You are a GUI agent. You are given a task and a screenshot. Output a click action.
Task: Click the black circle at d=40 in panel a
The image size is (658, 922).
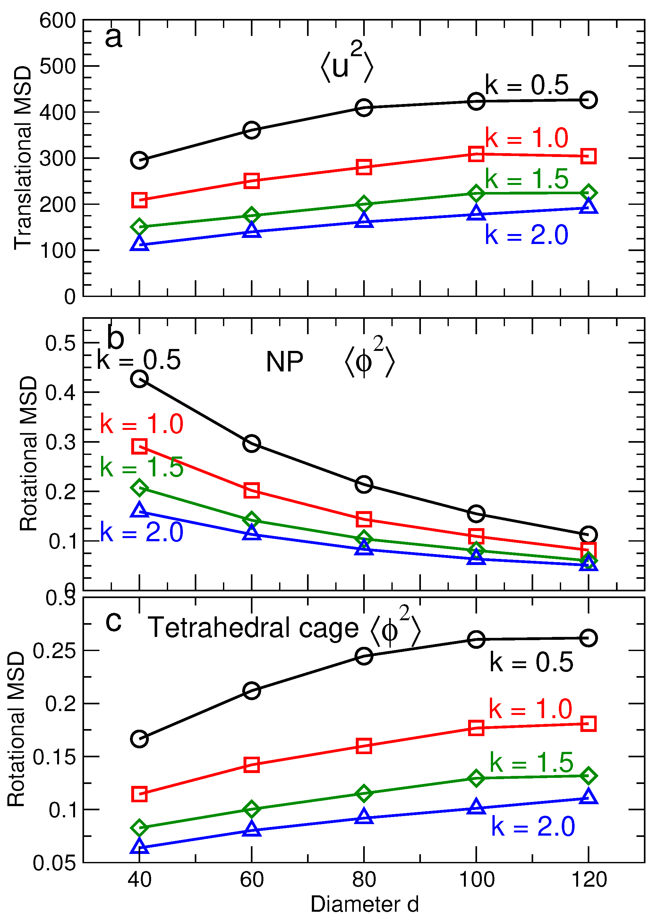coord(139,161)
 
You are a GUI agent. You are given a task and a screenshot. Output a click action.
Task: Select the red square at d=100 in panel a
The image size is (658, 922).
coord(476,154)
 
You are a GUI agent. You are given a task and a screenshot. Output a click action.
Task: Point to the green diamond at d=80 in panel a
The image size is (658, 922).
coord(364,204)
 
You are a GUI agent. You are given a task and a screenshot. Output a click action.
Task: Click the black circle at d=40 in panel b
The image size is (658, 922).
coord(139,379)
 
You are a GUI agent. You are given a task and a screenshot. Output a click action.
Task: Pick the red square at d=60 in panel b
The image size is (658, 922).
coord(252,490)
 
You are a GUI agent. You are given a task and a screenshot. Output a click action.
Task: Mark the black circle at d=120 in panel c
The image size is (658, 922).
coord(588,638)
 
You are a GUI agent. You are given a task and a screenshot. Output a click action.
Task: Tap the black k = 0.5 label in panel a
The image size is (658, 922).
coord(527,85)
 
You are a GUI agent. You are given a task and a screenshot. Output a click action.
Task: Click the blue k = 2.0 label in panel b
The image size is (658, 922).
coord(142,532)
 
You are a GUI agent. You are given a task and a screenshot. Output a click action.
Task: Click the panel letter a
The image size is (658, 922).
coord(114,37)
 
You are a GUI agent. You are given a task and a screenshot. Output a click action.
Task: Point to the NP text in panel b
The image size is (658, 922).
coord(285,362)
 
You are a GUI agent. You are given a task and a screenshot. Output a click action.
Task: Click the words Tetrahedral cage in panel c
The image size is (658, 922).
coord(253,628)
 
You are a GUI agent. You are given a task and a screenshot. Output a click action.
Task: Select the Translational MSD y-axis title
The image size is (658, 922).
coord(23,158)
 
